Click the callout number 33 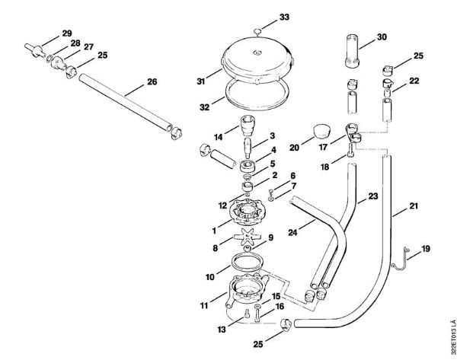pyautogui.click(x=263, y=16)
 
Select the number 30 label pyautogui.click(x=382, y=37)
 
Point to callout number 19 pyautogui.click(x=426, y=248)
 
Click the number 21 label pyautogui.click(x=414, y=206)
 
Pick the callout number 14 pyautogui.click(x=219, y=138)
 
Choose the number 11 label pyautogui.click(x=204, y=305)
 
